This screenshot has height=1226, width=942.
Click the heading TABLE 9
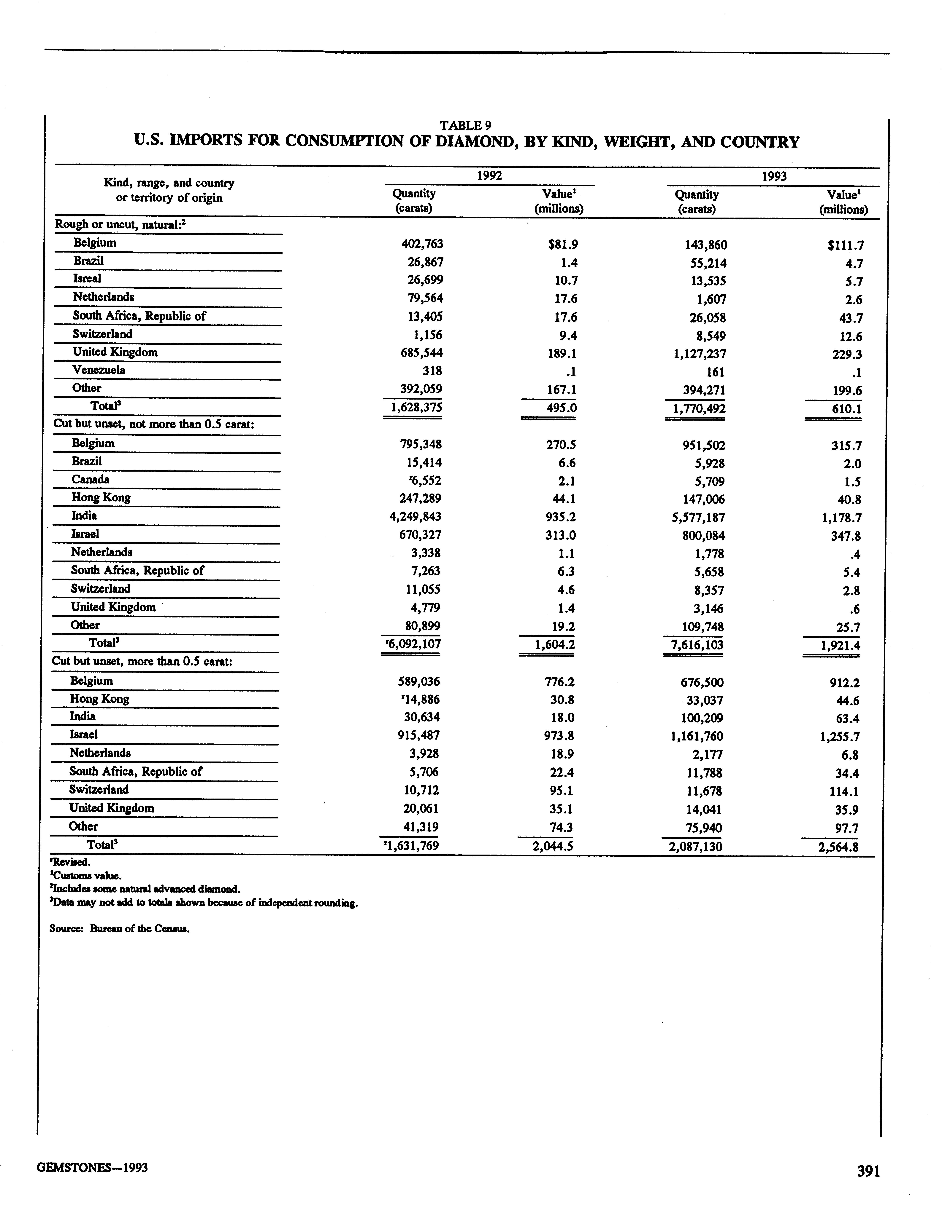coord(466,125)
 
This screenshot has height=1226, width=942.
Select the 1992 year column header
coord(489,175)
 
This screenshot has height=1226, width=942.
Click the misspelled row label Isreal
coord(87,278)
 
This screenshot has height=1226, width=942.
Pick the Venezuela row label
coord(99,370)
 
